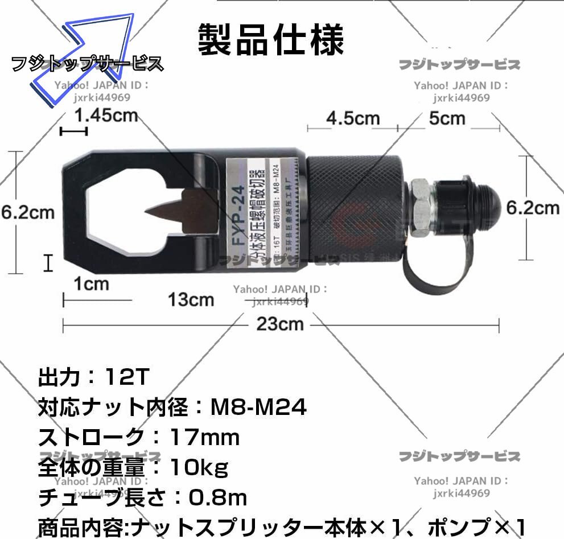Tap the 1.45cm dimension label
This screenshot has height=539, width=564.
coord(106,115)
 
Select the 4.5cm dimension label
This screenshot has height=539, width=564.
coord(353,118)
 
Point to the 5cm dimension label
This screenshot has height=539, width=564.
coord(447,118)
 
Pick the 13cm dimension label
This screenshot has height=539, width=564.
coord(191,299)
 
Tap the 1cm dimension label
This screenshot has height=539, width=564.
coord(92,283)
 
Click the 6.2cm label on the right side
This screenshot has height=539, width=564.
coord(533,208)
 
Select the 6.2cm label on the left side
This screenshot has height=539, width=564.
coord(27,212)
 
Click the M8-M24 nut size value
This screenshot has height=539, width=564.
coord(258,406)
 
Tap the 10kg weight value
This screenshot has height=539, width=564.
coord(199,467)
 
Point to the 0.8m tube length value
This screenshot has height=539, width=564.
coord(218,498)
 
